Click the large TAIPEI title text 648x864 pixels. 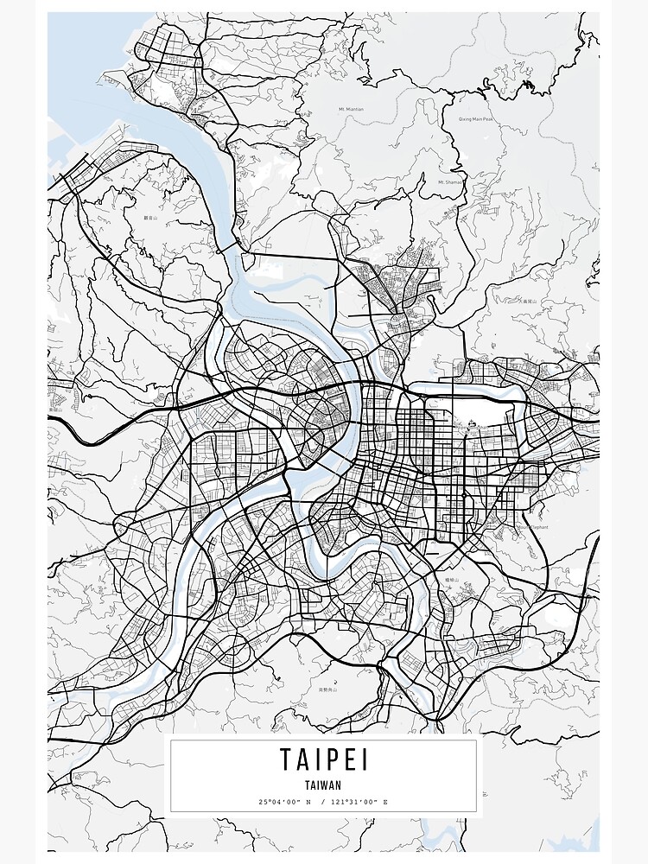(323, 760)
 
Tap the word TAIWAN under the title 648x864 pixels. (323, 785)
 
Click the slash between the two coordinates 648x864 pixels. (323, 803)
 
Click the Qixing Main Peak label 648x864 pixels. (475, 119)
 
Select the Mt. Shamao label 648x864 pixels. (451, 182)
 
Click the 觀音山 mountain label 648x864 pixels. (152, 219)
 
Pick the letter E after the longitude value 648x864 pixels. (385, 803)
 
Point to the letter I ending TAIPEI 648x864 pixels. (365, 760)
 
